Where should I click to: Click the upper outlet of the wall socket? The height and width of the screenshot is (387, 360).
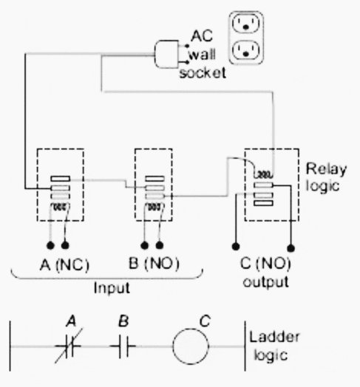point(246,24)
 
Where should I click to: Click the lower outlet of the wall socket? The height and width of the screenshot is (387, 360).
point(246,51)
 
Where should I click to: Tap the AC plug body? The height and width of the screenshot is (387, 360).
point(167,54)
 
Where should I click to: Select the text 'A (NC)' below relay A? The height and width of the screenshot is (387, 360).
point(64,265)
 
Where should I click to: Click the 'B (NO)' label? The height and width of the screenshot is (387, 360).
point(154,264)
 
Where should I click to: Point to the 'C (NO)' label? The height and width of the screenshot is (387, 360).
point(265,264)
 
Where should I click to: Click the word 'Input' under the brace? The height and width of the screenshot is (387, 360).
point(112,288)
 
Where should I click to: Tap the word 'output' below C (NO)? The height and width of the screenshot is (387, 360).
point(265,281)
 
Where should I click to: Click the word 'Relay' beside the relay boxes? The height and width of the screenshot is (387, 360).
point(326,170)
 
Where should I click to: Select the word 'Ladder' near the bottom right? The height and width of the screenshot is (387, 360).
point(274,337)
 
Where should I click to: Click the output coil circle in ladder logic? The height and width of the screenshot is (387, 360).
point(191,346)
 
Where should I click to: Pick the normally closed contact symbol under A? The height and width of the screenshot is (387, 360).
point(69,346)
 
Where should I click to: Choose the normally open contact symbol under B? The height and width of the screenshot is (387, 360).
point(123,346)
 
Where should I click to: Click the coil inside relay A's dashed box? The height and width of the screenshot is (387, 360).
point(61,207)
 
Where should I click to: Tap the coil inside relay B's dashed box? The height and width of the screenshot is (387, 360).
point(154,207)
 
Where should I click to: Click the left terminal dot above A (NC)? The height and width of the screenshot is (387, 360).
point(50,246)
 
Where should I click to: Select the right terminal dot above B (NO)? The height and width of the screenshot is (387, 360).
point(160,246)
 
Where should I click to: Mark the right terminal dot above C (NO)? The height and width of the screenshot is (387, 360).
point(291,248)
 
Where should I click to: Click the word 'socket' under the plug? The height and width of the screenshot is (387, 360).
point(203,73)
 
